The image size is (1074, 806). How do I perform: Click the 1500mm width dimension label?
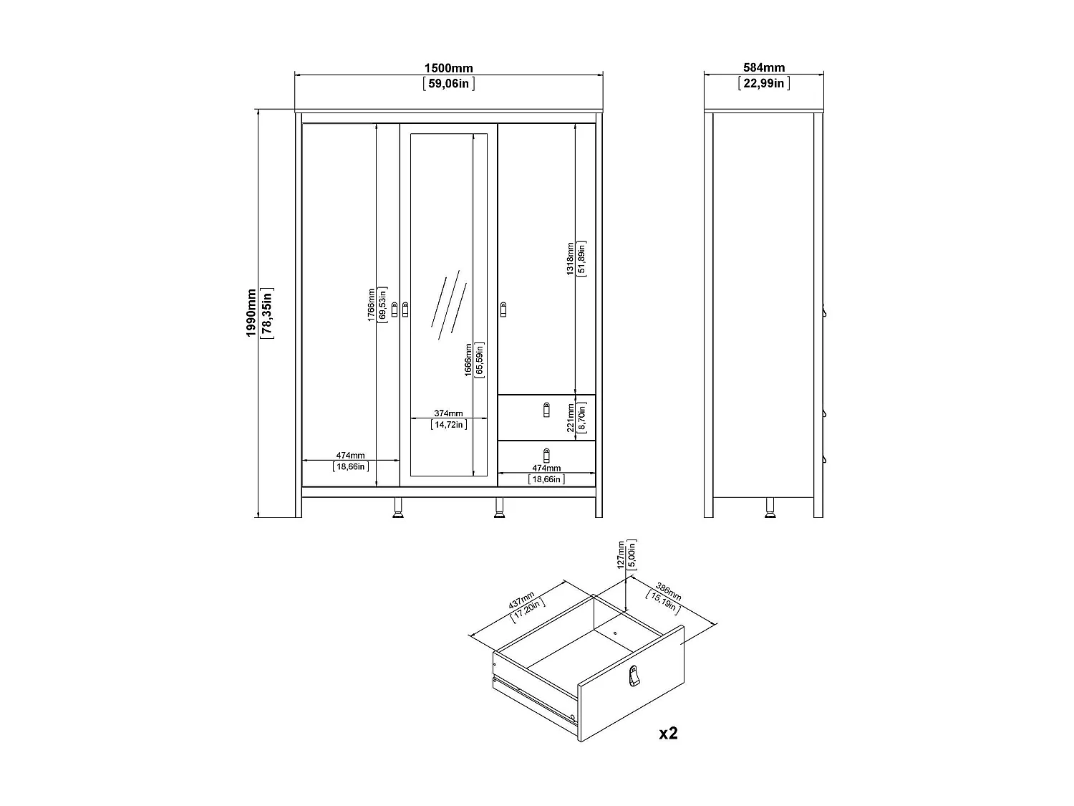coord(448,68)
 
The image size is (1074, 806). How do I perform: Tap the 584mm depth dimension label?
coord(764,68)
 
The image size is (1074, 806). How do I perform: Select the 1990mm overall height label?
coord(251,313)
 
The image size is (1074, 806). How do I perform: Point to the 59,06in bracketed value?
coord(449,84)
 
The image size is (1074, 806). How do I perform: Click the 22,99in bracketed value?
coord(764,84)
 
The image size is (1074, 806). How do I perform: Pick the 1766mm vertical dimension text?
coord(372,304)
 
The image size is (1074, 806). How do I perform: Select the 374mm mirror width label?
coord(449,413)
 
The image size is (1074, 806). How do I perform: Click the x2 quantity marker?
coord(668,733)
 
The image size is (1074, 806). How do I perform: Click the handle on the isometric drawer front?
coord(632,675)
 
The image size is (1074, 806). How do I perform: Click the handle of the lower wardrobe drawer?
coord(547,455)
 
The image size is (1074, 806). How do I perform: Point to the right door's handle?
coord(503,310)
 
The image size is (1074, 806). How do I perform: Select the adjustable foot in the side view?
coord(770,507)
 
